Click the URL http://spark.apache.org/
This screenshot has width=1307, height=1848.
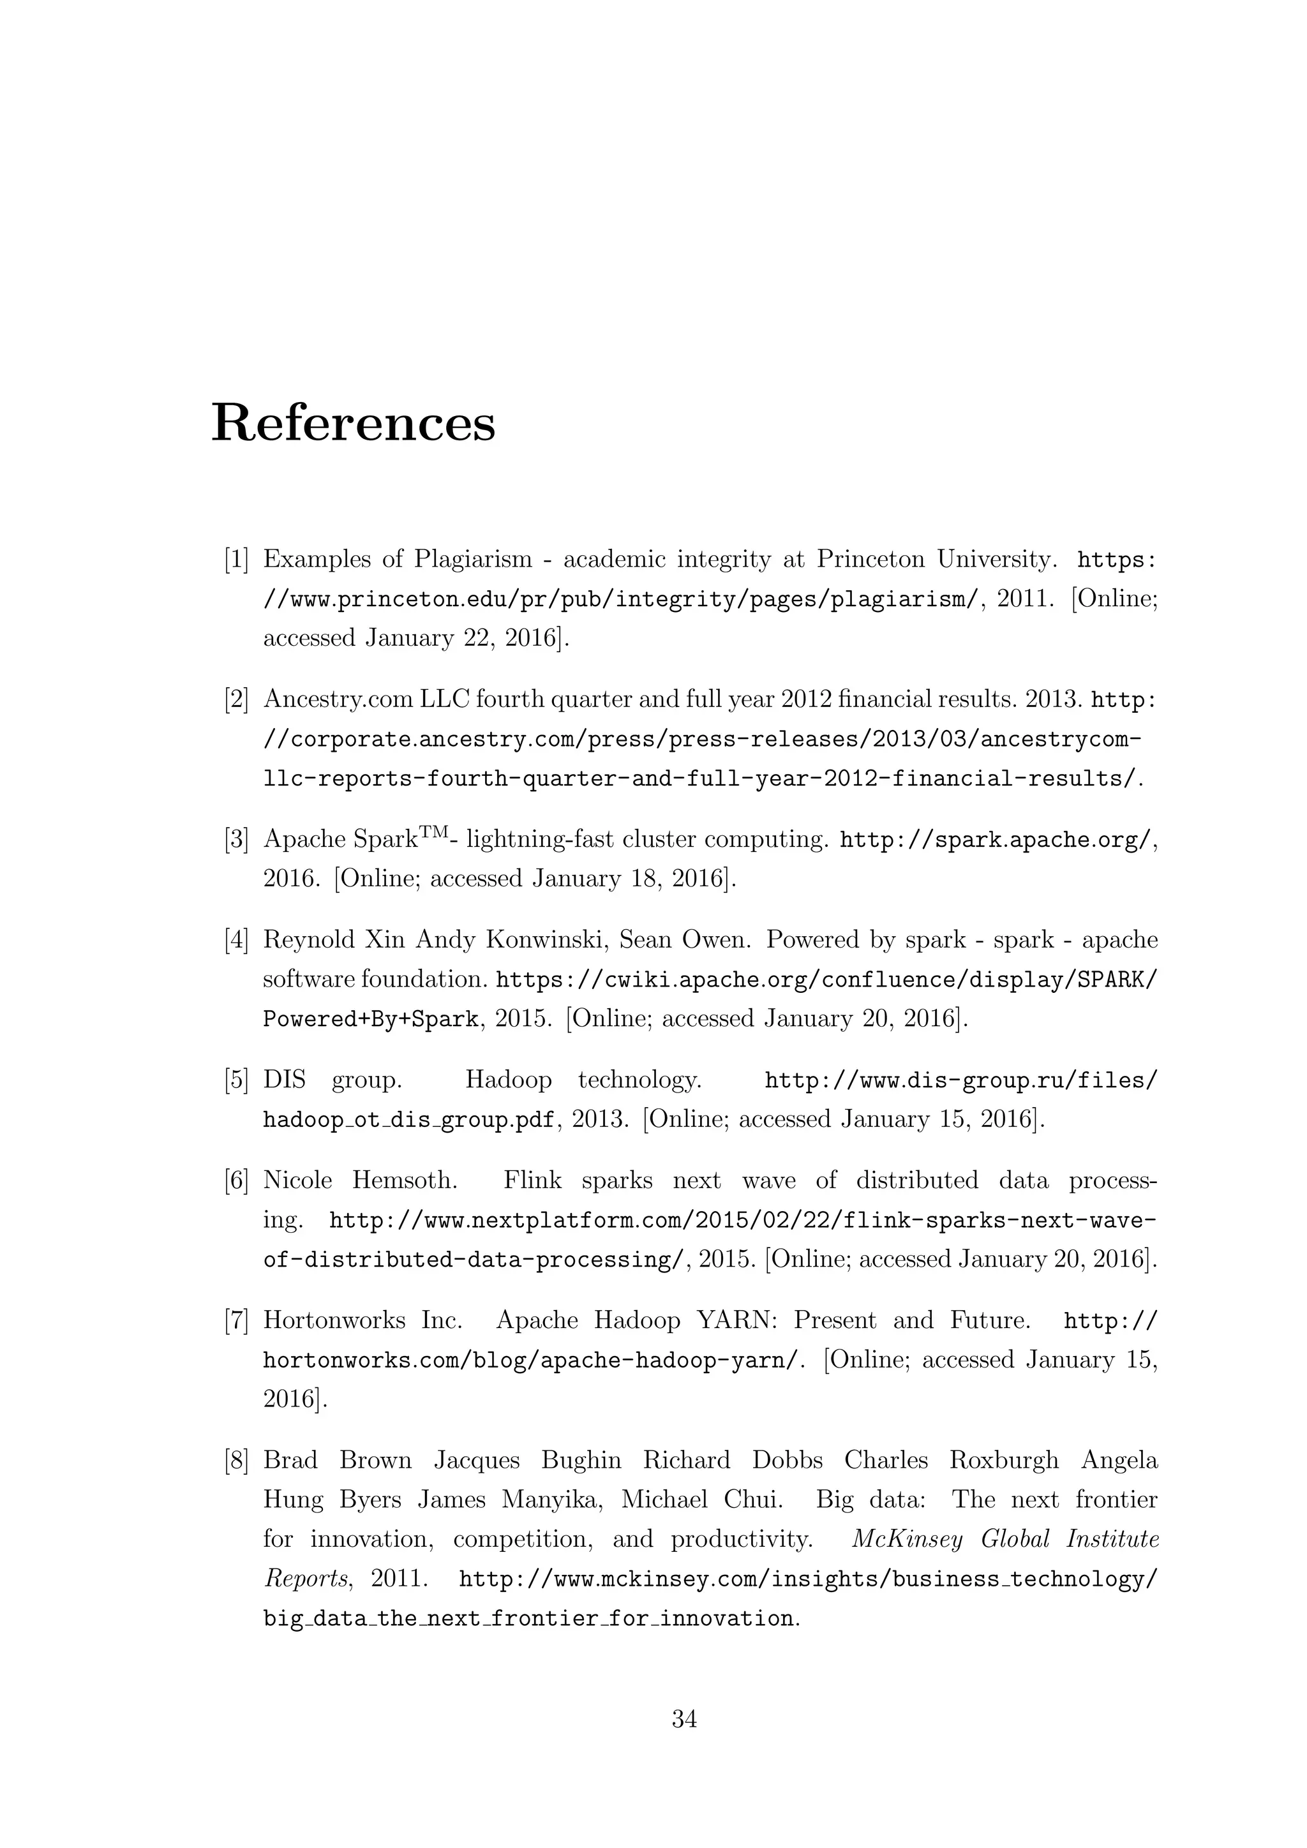click(996, 840)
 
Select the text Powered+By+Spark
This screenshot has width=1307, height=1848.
click(371, 1019)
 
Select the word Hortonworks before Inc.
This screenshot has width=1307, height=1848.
click(334, 1320)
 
